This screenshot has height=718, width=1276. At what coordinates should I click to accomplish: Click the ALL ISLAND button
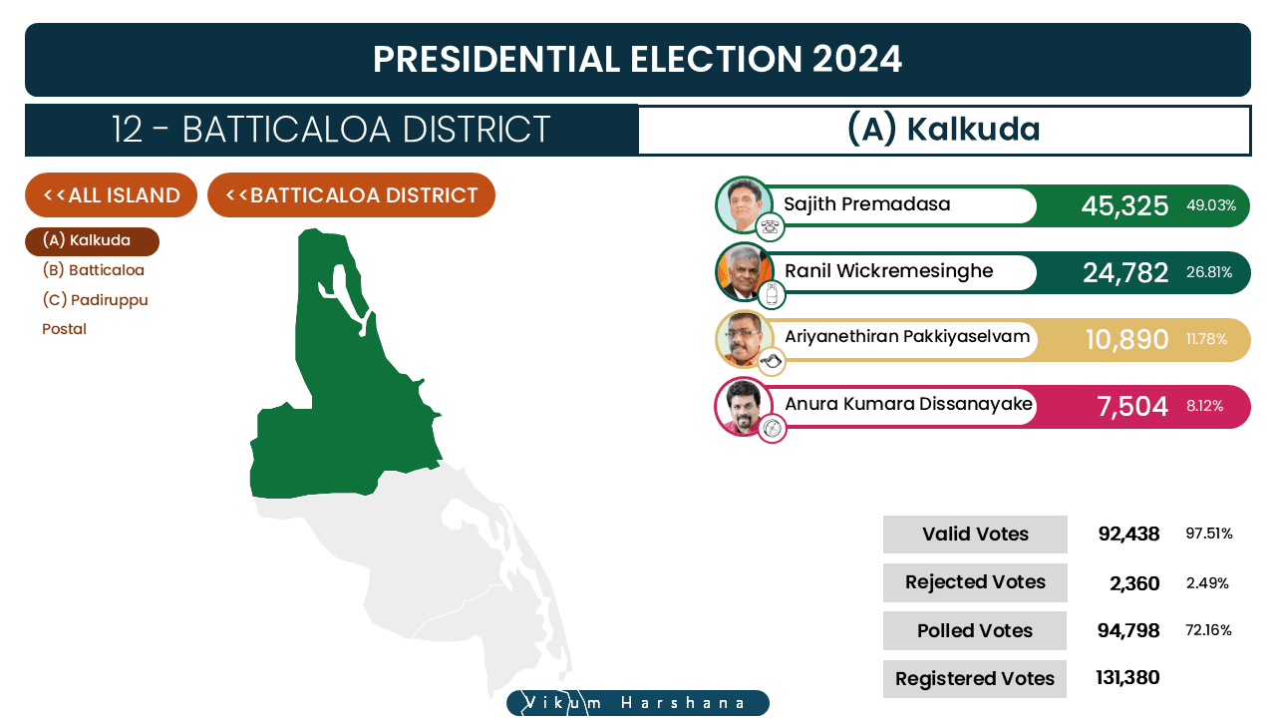click(111, 194)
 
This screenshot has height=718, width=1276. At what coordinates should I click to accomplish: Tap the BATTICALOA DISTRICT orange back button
click(351, 194)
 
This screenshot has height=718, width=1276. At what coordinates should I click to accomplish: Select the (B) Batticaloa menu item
click(94, 270)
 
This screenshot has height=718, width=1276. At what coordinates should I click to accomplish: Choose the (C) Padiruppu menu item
click(95, 300)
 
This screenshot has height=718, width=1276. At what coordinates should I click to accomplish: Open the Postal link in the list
click(65, 329)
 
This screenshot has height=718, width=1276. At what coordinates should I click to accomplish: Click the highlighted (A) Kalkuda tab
click(93, 241)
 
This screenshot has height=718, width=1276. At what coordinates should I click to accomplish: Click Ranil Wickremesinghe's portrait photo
click(744, 272)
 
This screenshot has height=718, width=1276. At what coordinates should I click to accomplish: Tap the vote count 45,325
click(1124, 205)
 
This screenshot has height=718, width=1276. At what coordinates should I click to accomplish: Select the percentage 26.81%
click(1209, 272)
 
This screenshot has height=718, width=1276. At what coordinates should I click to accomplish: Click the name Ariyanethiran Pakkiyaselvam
click(907, 337)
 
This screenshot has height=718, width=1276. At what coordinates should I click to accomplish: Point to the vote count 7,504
click(1132, 406)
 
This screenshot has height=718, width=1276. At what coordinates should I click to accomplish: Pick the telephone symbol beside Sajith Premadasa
click(770, 227)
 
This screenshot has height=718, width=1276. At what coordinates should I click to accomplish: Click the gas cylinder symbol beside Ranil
click(772, 294)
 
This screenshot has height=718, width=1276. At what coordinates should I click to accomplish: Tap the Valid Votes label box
click(975, 534)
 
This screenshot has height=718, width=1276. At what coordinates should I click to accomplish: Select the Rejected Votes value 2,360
click(1134, 583)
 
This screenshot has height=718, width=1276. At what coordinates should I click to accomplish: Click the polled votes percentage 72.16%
click(1208, 630)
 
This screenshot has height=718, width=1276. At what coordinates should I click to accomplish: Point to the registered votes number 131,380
click(1127, 677)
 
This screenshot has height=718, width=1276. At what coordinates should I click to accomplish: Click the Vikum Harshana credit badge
click(638, 703)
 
